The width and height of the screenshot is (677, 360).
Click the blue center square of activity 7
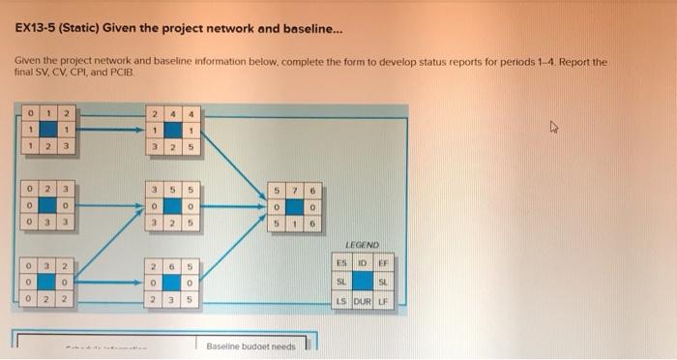[x=294, y=205]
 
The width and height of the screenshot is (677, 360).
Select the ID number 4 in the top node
[x=171, y=114]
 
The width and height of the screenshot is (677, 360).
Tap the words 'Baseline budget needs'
[x=250, y=345]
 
